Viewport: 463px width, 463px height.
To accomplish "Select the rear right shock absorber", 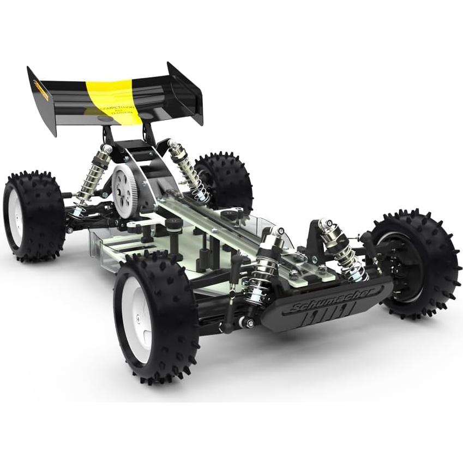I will click(188, 169).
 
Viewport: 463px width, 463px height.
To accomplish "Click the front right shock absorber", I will click(341, 248).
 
